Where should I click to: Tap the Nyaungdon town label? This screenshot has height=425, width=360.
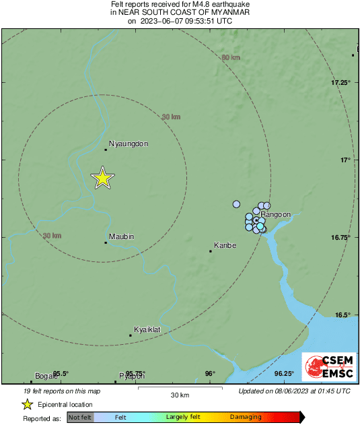pyautogui.click(x=128, y=143)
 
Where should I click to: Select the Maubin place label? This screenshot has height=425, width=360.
pyautogui.click(x=122, y=236)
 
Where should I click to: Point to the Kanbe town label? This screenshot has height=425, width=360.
pyautogui.click(x=225, y=245)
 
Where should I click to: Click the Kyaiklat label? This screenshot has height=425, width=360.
pyautogui.click(x=147, y=329)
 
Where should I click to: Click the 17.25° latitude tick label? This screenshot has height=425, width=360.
pyautogui.click(x=341, y=82)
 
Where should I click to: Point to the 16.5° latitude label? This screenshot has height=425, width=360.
pyautogui.click(x=343, y=315)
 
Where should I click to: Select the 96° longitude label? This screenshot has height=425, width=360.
pyautogui.click(x=210, y=374)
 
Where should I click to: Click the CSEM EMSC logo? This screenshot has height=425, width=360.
pyautogui.click(x=325, y=368)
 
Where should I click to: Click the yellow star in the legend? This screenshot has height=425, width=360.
pyautogui.click(x=28, y=404)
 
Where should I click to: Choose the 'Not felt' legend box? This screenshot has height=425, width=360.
pyautogui.click(x=80, y=418)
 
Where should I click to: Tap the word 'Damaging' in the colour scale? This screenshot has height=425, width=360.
pyautogui.click(x=246, y=418)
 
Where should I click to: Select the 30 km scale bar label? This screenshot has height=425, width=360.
pyautogui.click(x=179, y=395)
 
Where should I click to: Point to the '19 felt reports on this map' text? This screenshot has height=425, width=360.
pyautogui.click(x=62, y=391)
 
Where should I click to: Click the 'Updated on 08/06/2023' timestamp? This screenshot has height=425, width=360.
pyautogui.click(x=294, y=391)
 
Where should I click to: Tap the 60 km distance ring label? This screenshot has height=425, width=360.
pyautogui.click(x=231, y=57)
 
